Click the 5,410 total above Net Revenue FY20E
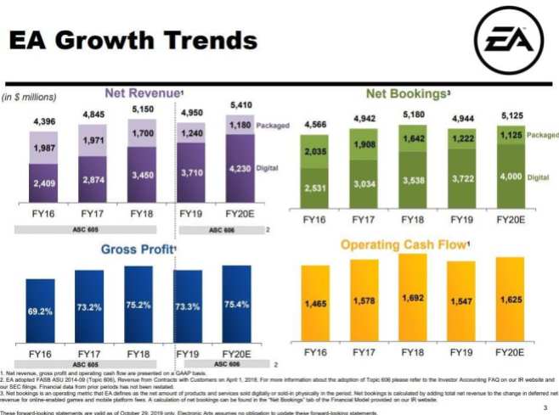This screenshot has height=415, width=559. (x=240, y=105)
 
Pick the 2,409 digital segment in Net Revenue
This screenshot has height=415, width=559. (x=45, y=182)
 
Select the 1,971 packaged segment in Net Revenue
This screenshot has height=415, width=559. (x=93, y=138)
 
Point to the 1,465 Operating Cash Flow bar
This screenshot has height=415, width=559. (x=316, y=303)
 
